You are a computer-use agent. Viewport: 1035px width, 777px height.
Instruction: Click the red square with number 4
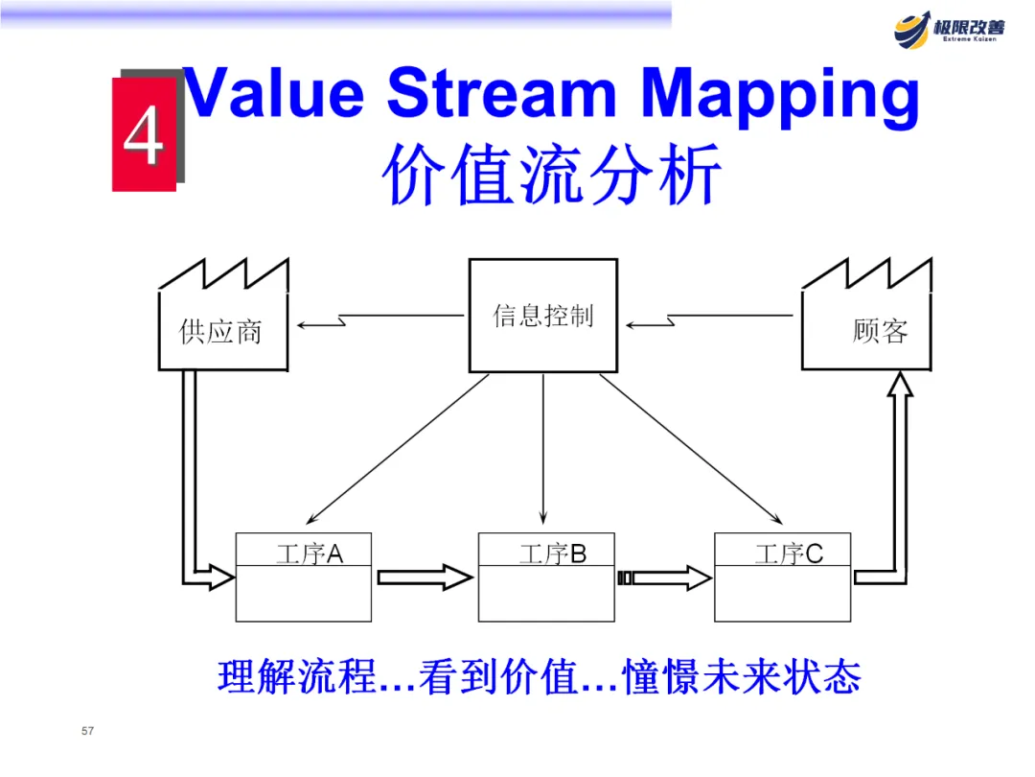pyautogui.click(x=144, y=135)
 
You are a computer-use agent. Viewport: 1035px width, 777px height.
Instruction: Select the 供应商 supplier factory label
pyautogui.click(x=220, y=332)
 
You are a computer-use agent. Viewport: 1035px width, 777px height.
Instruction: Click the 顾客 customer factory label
pyautogui.click(x=879, y=331)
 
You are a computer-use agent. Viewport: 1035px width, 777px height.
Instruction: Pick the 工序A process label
pyautogui.click(x=309, y=553)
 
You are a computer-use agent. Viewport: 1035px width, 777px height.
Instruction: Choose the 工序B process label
pyautogui.click(x=552, y=553)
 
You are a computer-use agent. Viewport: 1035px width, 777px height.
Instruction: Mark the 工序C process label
pyautogui.click(x=788, y=553)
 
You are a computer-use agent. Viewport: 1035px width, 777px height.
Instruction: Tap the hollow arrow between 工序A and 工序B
pyautogui.click(x=425, y=577)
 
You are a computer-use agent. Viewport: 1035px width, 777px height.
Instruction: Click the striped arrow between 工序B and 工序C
pyautogui.click(x=665, y=577)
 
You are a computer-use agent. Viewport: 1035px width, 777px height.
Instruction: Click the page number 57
pyautogui.click(x=88, y=732)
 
